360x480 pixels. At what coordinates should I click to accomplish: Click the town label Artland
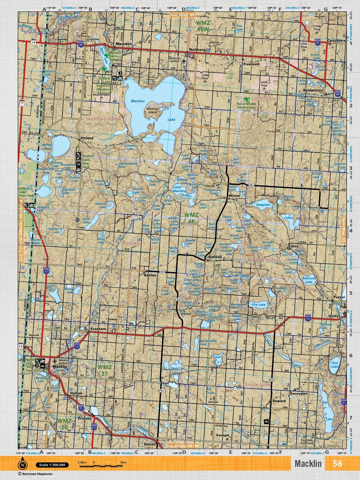(87, 138)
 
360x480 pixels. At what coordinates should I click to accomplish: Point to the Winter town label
(234, 196)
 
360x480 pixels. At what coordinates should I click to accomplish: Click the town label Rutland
(215, 257)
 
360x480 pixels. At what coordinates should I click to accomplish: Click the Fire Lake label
(258, 305)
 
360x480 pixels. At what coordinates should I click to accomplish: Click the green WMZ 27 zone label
(104, 370)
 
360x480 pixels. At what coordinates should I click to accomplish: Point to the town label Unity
(333, 316)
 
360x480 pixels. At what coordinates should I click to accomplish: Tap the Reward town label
(279, 401)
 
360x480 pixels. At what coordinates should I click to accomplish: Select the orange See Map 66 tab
(182, 15)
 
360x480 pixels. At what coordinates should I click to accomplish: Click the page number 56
(337, 463)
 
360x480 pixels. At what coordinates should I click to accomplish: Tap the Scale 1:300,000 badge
(52, 465)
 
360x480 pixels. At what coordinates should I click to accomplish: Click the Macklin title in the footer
(308, 463)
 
